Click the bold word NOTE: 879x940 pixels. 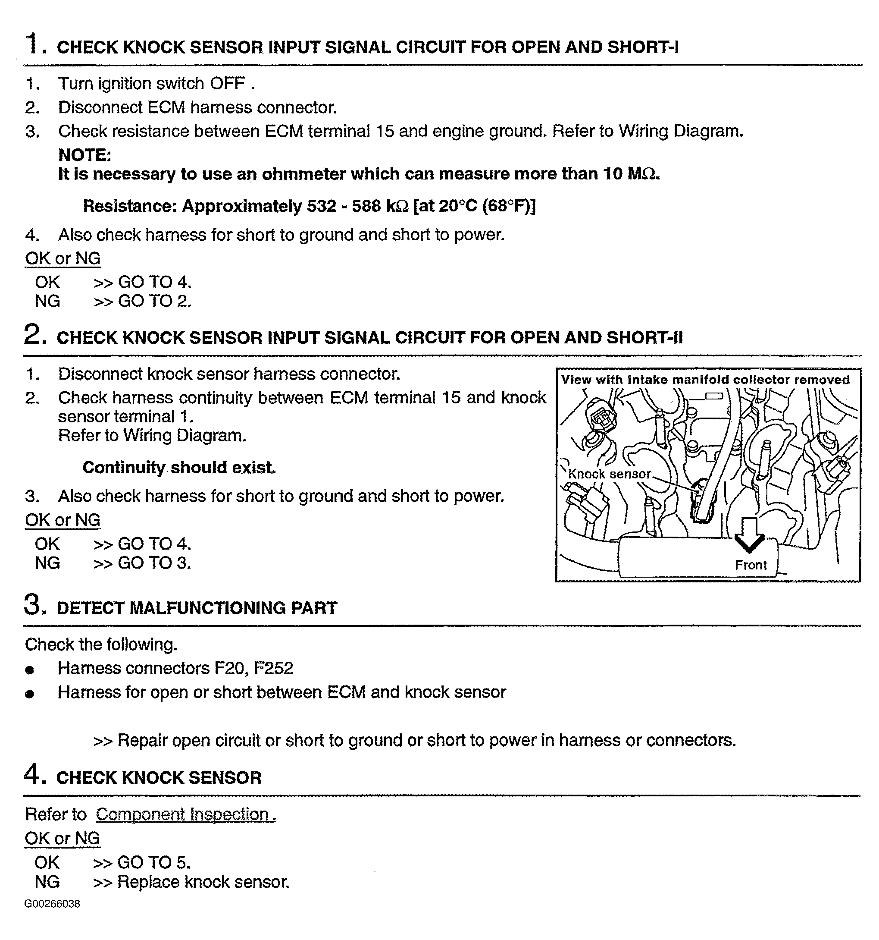(x=84, y=155)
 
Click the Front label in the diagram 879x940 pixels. (x=751, y=565)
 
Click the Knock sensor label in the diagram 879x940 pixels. (x=609, y=474)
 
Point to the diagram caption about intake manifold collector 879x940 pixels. (x=705, y=380)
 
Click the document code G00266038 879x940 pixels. (x=53, y=904)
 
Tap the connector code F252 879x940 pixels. (x=274, y=668)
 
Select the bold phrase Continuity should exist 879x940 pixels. (x=178, y=467)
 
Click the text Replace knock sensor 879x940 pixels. (x=203, y=882)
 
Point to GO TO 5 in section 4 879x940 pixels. (x=153, y=862)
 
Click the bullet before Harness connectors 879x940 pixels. (x=30, y=670)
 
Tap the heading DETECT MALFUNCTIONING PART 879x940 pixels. (x=197, y=608)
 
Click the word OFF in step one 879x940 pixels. (x=227, y=84)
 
